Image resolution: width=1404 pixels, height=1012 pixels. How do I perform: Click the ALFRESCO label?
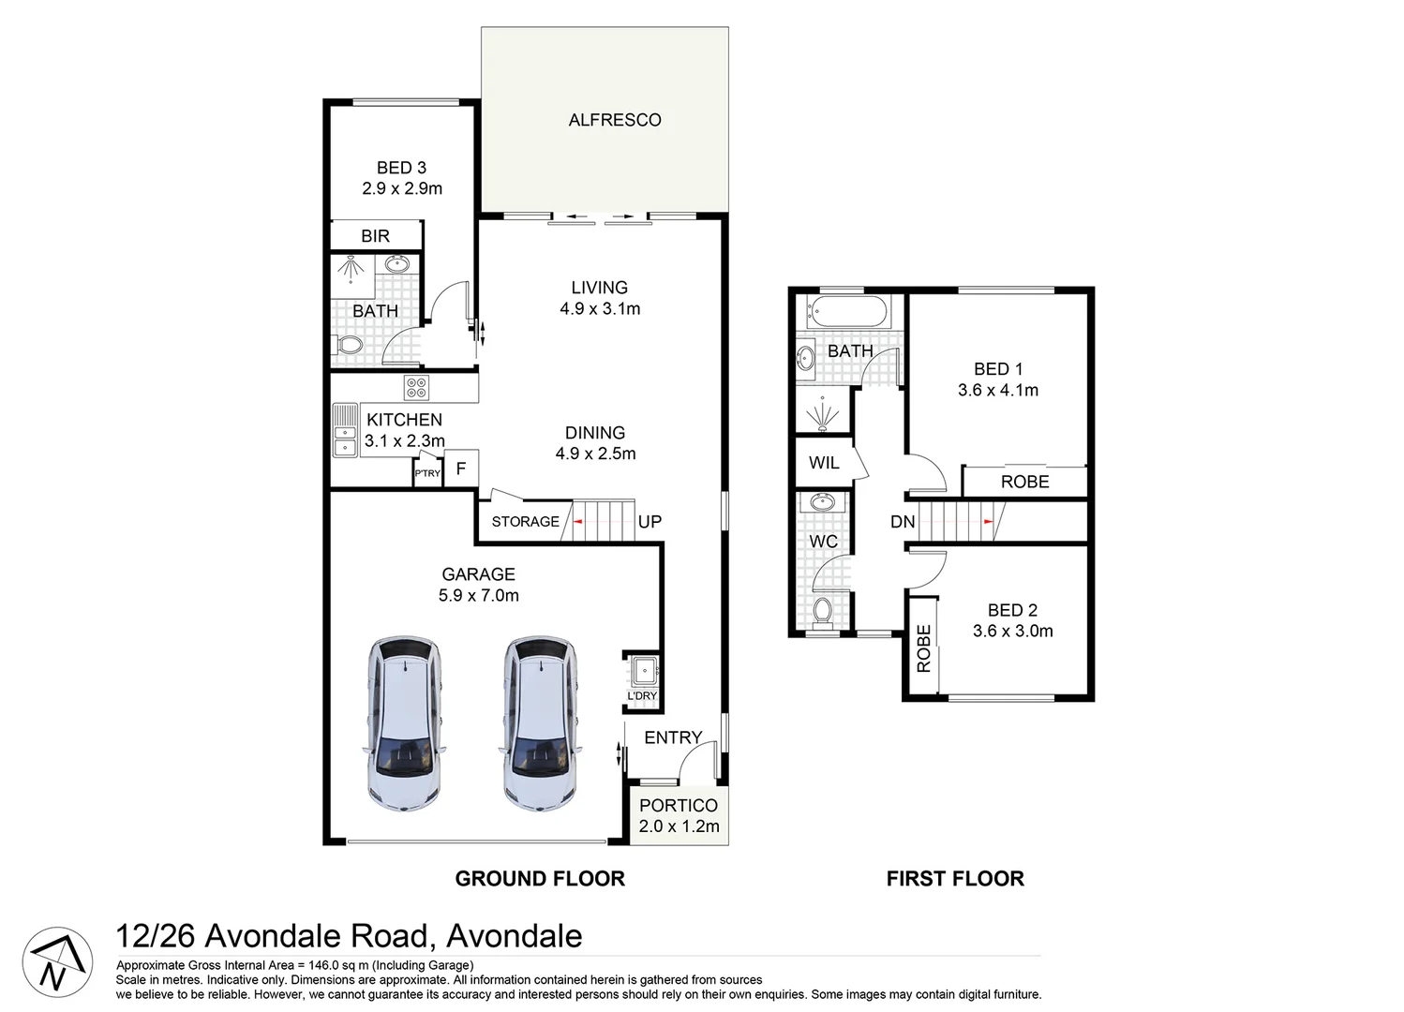(x=614, y=120)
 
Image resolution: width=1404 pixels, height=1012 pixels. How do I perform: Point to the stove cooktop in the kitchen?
(x=415, y=386)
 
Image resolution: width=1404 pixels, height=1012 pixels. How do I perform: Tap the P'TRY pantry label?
(x=427, y=474)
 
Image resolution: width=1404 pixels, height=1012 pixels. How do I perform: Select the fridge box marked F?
(x=461, y=468)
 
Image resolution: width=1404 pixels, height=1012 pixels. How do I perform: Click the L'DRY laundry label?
(x=642, y=696)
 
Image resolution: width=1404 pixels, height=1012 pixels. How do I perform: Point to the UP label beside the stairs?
(x=650, y=522)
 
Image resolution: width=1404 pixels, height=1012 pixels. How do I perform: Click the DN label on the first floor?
(x=903, y=522)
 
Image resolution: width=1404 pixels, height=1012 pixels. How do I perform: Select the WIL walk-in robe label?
(x=824, y=463)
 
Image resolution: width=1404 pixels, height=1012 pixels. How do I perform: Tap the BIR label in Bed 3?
(x=375, y=236)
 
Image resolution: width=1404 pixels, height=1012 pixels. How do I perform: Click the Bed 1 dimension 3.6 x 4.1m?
(x=997, y=391)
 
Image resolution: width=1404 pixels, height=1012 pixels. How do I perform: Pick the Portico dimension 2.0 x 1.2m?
(x=679, y=826)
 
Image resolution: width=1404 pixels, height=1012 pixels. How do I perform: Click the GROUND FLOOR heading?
(x=540, y=879)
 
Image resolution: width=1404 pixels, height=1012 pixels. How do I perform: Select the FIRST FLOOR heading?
(x=955, y=879)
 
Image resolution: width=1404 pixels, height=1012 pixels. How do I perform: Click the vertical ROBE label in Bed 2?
(x=924, y=648)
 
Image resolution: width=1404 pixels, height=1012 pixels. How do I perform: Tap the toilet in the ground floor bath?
(x=350, y=347)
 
